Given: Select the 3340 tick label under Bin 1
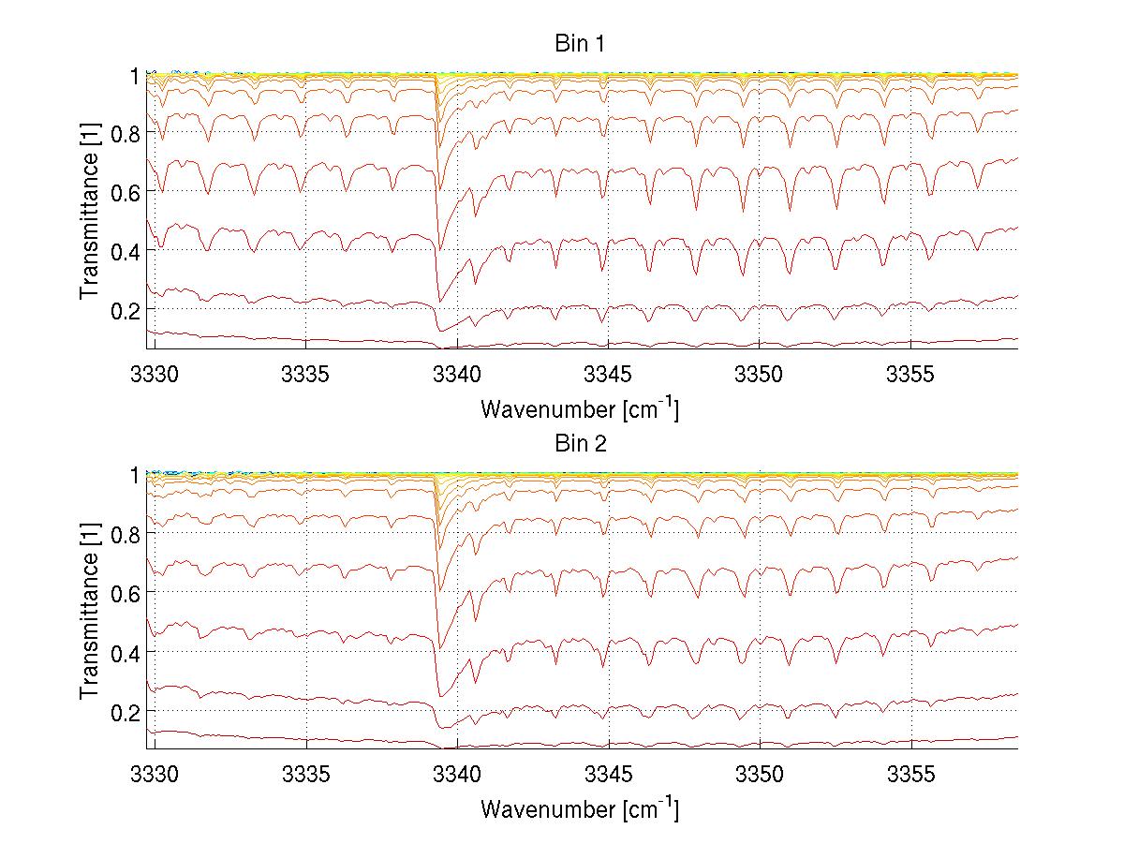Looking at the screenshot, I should coord(457,377).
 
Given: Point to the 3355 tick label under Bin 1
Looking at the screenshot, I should coord(911,377).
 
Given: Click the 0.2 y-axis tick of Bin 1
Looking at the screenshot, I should coord(126,309).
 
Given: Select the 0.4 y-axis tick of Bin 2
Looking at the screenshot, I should coord(126,651).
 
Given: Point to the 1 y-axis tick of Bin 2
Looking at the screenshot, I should coord(134,475).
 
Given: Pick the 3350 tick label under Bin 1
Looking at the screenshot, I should coord(760,377).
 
